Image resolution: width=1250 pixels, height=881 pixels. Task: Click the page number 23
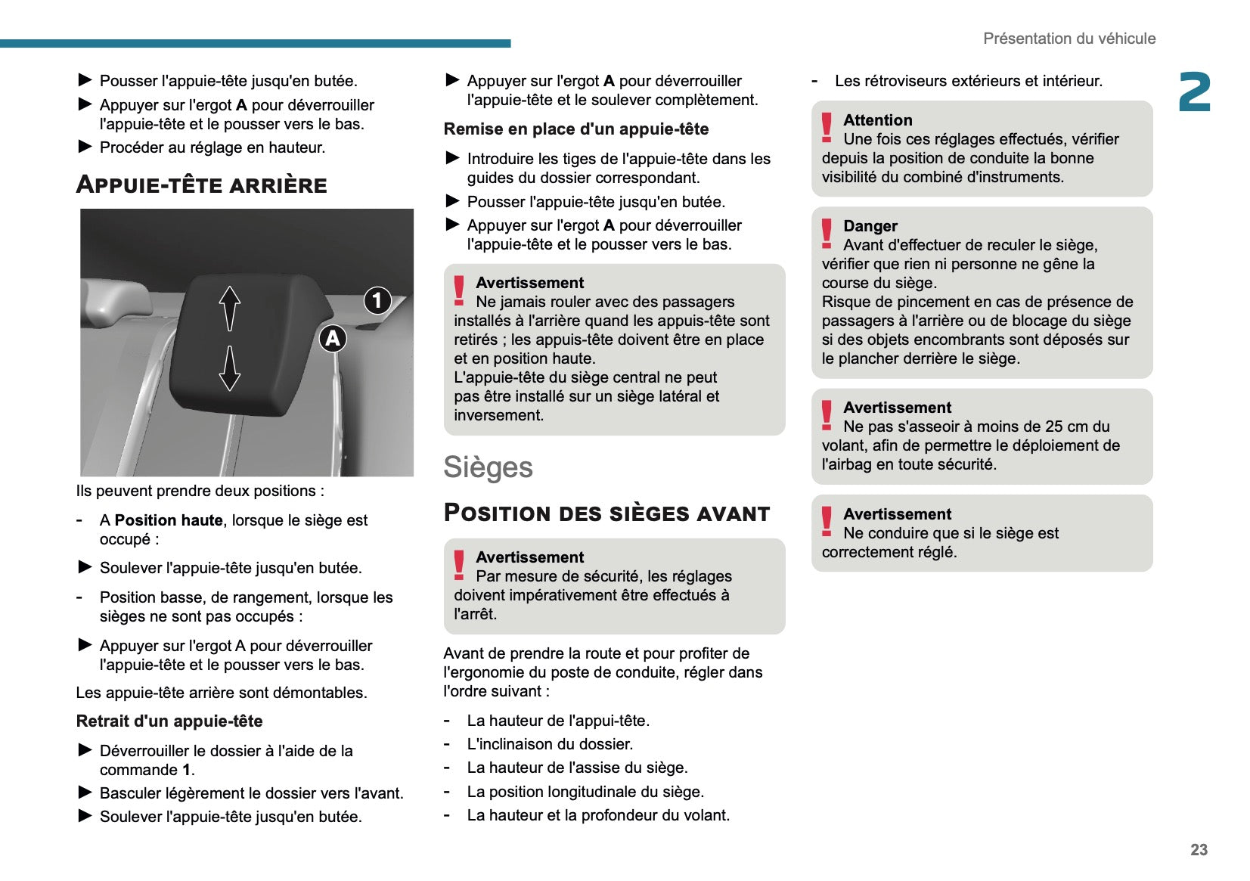1199,849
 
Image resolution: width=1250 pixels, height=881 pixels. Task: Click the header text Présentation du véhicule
1069,39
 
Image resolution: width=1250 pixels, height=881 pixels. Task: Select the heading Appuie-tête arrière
202,185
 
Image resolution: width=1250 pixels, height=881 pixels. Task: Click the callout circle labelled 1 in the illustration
377,300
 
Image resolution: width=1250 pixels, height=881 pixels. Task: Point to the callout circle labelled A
333,338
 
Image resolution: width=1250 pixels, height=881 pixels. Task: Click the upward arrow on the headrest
230,308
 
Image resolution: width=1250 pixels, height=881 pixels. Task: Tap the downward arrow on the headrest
230,368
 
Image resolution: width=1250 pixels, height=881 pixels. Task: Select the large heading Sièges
488,467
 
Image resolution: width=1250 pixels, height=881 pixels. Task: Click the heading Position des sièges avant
606,513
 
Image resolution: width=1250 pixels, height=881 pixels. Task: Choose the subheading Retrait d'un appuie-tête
169,721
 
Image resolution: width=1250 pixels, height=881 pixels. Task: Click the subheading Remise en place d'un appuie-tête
576,129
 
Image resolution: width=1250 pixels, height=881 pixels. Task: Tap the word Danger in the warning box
870,226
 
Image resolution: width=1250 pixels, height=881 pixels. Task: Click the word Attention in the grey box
878,120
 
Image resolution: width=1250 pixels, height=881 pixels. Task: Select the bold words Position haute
169,520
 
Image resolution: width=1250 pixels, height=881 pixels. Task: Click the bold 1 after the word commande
186,770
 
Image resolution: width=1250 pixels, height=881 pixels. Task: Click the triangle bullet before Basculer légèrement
85,793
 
